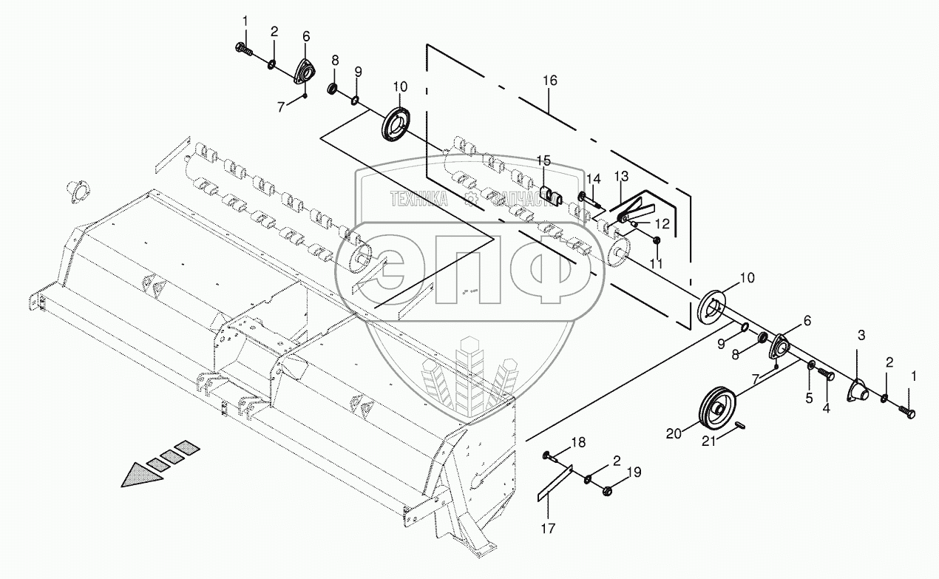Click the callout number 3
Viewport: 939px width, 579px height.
[861, 336]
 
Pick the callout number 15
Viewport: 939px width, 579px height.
[543, 160]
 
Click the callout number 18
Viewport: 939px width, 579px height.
[578, 441]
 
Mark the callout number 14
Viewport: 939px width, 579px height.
[594, 179]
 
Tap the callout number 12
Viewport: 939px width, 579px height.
[662, 223]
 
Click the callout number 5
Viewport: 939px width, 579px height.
[809, 398]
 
